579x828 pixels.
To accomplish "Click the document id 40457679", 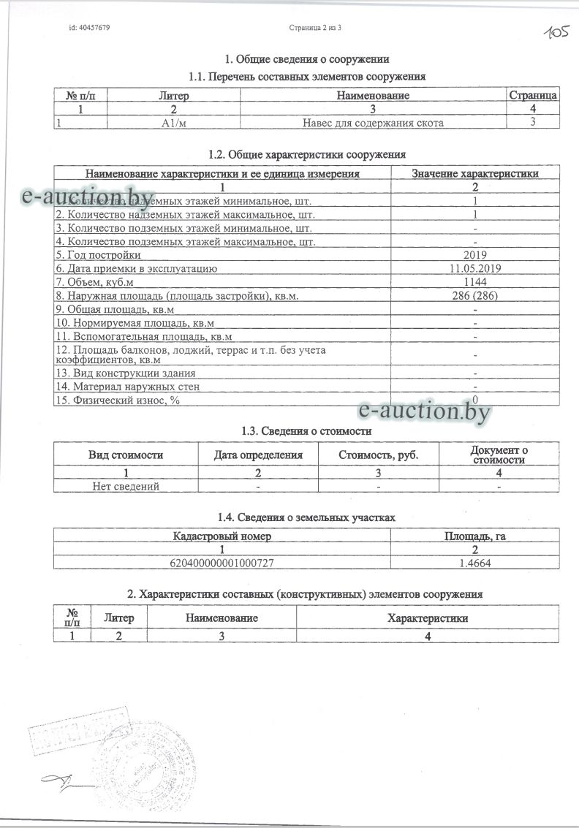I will [x=89, y=28].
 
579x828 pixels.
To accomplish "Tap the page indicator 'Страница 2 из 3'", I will [x=316, y=28].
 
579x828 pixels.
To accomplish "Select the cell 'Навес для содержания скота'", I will [x=373, y=122].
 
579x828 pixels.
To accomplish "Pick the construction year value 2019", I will [x=475, y=254].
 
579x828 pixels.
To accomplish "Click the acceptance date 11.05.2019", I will [x=475, y=268].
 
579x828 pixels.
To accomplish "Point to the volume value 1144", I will [x=475, y=281].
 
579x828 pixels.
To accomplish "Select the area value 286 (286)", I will [x=475, y=295].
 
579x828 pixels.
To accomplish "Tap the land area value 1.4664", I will [x=475, y=562].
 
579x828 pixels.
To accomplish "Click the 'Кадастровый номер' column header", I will [x=222, y=536].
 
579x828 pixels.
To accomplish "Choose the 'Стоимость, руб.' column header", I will [x=379, y=455].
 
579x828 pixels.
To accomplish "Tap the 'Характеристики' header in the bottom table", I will [x=428, y=618].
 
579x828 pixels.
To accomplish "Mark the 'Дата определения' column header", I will [x=258, y=455].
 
